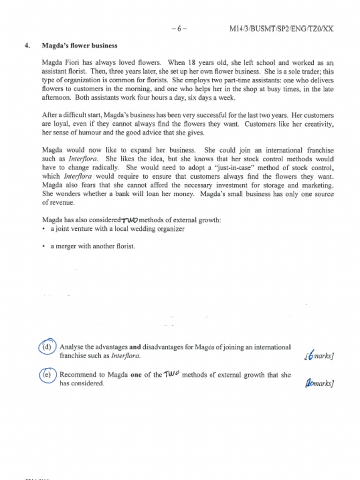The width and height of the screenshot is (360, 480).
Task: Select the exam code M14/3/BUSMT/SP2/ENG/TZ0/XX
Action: (x=281, y=29)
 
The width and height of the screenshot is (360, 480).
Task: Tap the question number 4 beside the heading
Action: (x=27, y=46)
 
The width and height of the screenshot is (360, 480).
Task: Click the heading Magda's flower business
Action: (x=79, y=46)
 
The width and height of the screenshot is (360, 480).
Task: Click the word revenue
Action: (x=63, y=203)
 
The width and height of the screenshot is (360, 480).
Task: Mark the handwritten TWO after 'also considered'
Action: (x=129, y=220)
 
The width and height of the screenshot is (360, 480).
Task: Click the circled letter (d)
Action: (x=46, y=347)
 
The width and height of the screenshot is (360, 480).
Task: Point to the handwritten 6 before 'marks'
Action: (x=310, y=356)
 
